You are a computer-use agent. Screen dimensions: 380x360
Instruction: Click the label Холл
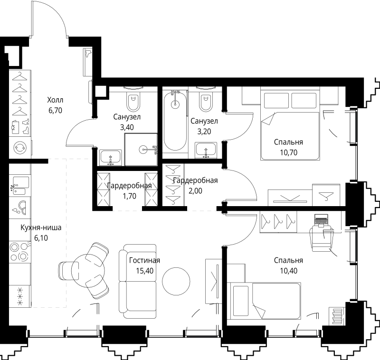click(55, 100)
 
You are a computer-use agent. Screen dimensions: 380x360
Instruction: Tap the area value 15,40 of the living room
click(145, 271)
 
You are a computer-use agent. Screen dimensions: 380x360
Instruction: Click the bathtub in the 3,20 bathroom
click(175, 121)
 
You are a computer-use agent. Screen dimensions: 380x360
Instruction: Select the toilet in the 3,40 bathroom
click(133, 101)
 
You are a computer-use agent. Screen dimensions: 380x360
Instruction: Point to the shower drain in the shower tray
click(143, 150)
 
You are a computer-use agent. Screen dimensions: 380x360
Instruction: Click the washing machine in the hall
click(20, 147)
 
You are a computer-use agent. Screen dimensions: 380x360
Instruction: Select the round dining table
click(88, 270)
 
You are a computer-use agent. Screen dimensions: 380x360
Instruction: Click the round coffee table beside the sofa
click(176, 281)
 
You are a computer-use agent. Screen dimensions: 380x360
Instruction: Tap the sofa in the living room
click(137, 281)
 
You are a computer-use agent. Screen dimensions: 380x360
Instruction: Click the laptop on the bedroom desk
click(322, 220)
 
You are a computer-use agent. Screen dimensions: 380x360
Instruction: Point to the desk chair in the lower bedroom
click(322, 238)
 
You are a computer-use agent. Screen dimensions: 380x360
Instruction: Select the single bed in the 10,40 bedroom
click(266, 301)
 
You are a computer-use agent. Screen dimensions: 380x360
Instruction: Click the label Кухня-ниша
click(41, 227)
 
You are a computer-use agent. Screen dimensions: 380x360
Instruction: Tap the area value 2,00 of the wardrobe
click(195, 191)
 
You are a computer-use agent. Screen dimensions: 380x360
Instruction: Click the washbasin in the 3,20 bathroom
click(206, 151)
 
